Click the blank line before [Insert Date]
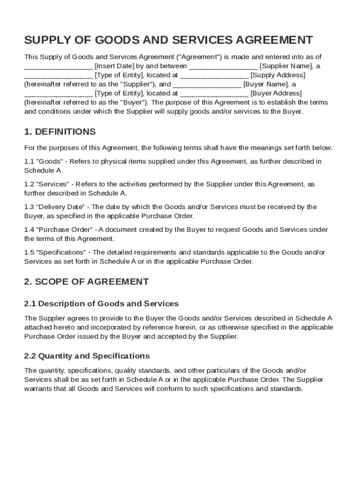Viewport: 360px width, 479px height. [x=58, y=66]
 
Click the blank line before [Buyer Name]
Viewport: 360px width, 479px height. [x=207, y=84]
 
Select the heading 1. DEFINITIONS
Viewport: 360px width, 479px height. [x=60, y=131]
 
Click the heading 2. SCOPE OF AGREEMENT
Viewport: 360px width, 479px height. [x=86, y=282]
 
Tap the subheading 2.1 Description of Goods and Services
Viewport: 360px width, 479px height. [x=101, y=304]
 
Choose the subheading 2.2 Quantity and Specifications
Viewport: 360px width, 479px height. [x=87, y=356]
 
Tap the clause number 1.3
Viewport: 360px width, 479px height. [x=29, y=207]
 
